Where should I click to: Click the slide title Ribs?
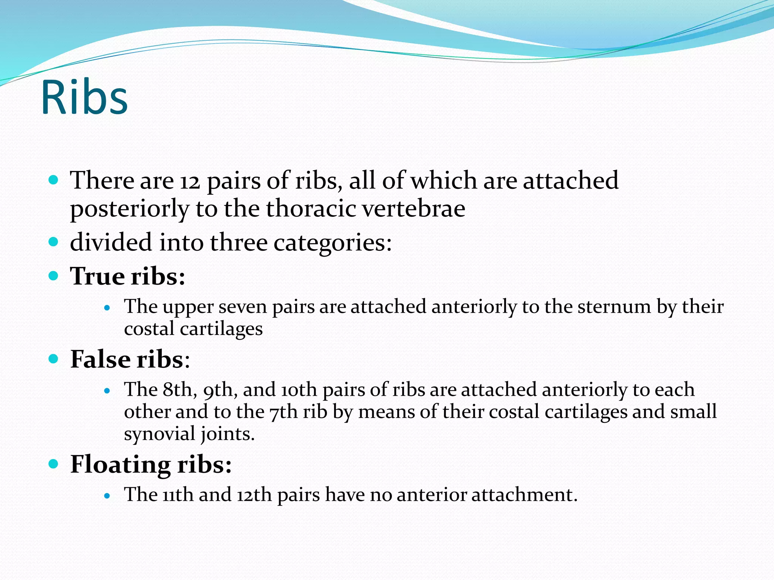click(x=84, y=97)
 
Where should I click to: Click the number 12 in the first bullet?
click(x=189, y=181)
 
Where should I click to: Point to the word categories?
click(x=332, y=243)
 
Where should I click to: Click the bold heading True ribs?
click(x=127, y=276)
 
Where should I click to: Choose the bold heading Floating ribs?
click(x=150, y=464)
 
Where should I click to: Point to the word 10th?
click(x=299, y=389)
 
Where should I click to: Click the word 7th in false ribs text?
click(x=283, y=412)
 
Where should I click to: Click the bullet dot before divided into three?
click(x=54, y=242)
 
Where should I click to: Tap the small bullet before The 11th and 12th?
click(x=107, y=495)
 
